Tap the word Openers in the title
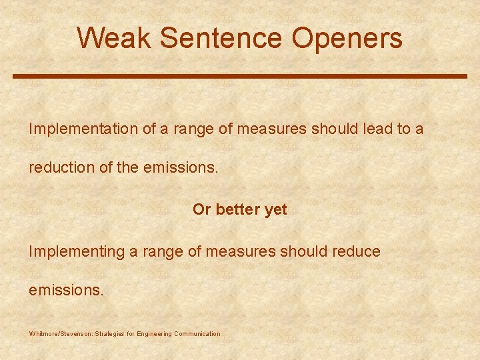click(x=347, y=38)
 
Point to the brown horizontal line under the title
click(x=240, y=77)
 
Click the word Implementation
click(x=83, y=129)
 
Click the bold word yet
click(x=275, y=209)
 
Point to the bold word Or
click(x=201, y=209)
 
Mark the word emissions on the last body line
click(x=66, y=290)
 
